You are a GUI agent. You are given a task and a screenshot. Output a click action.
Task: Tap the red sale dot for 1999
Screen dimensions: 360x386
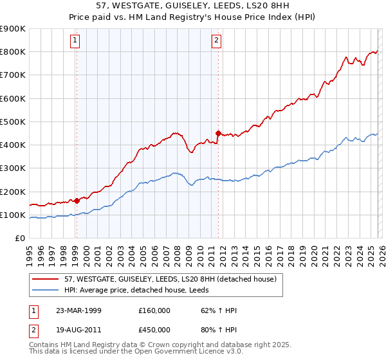[77, 201]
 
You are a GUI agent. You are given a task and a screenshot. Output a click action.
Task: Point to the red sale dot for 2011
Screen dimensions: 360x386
[219, 134]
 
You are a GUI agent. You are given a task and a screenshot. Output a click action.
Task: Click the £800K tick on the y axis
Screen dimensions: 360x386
[13, 52]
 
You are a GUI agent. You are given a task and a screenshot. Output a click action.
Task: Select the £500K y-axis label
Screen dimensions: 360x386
[13, 122]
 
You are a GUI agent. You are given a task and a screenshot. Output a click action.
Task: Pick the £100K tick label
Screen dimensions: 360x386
[13, 215]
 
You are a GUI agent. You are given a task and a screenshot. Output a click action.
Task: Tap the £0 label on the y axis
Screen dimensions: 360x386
[19, 238]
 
